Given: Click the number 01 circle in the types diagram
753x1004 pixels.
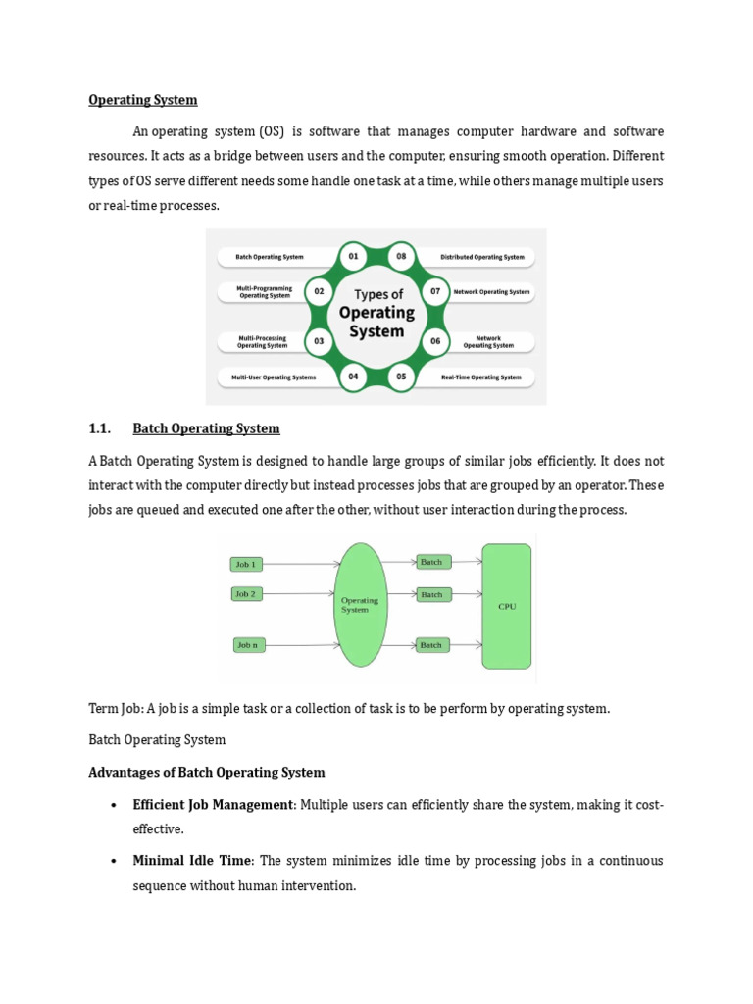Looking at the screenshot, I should tap(353, 257).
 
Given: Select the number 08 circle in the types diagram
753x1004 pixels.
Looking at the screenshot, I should tap(401, 257).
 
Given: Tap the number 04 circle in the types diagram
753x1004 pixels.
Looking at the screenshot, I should tap(353, 376).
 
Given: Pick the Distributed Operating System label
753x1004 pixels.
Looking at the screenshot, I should tap(482, 257).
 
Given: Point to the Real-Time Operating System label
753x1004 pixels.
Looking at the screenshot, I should tap(480, 376).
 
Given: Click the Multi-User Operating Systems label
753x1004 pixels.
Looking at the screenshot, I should tap(274, 376).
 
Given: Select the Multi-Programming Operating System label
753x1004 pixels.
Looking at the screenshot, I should tap(265, 291).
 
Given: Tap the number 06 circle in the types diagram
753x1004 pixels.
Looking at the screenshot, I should tap(434, 342).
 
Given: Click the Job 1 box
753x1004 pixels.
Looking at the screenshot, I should tap(245, 564).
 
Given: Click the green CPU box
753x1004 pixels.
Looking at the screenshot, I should tap(507, 606).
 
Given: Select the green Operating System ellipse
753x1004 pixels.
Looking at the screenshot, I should tap(359, 605).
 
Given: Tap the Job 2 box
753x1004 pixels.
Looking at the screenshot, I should tap(245, 594).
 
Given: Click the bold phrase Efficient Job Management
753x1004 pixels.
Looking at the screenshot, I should tap(213, 805).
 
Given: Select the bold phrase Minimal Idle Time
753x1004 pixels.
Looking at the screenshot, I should tap(193, 861).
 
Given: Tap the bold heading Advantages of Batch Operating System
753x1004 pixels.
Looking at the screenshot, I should tap(207, 773).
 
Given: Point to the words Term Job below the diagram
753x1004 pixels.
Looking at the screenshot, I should tap(112, 709).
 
